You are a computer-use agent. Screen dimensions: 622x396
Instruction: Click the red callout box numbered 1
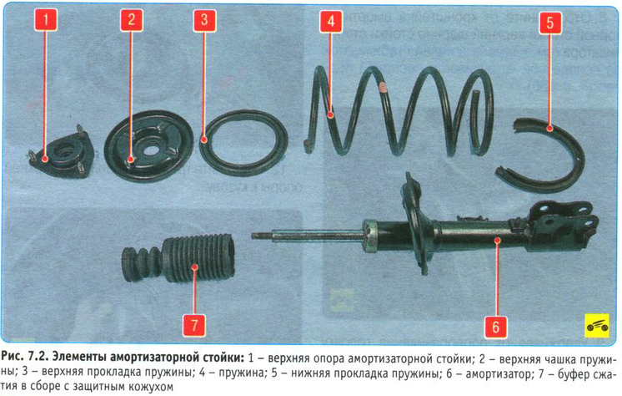[x=46, y=19]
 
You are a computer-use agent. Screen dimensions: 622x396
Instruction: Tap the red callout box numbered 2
[x=131, y=19]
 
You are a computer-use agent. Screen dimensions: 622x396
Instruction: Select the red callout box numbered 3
[x=204, y=19]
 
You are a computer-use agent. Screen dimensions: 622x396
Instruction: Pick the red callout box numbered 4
[x=331, y=21]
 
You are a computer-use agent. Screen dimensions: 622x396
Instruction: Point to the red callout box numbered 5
[x=549, y=22]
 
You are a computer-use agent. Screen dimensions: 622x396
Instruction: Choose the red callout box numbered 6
[x=495, y=327]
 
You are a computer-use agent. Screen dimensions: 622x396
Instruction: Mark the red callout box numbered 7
[x=194, y=325]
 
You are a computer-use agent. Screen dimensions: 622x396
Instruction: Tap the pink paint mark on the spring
[x=383, y=86]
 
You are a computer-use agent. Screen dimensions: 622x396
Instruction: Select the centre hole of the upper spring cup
[x=150, y=150]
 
